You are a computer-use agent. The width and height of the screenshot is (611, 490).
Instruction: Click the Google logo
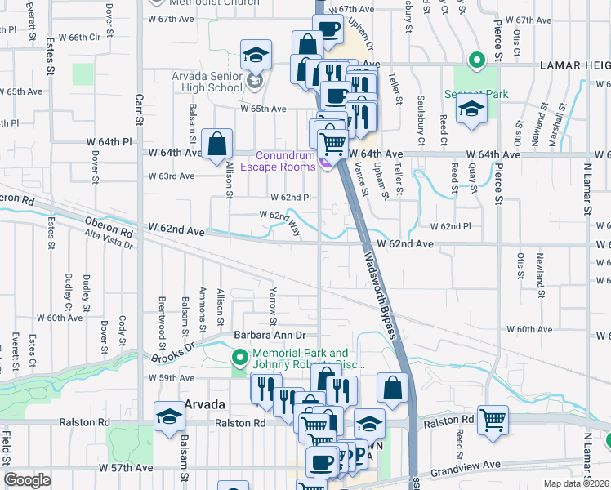click(x=27, y=480)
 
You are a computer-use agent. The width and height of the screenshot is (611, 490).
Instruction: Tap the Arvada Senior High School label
click(x=207, y=82)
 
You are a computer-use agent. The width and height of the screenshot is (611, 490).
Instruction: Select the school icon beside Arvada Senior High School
click(x=256, y=56)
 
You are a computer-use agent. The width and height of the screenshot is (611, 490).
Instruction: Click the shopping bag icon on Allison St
click(x=218, y=144)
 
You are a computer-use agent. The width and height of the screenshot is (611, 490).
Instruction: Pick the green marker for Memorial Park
click(x=240, y=358)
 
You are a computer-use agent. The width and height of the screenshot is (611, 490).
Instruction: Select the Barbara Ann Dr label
click(x=269, y=335)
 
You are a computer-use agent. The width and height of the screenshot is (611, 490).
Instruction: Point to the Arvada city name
click(x=204, y=404)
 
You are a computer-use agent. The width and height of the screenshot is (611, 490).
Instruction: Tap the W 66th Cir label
click(x=84, y=37)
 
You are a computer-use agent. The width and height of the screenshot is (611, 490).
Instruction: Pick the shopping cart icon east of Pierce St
click(x=493, y=421)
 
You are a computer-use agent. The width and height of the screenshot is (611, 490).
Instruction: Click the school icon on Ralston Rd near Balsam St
click(x=169, y=417)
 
